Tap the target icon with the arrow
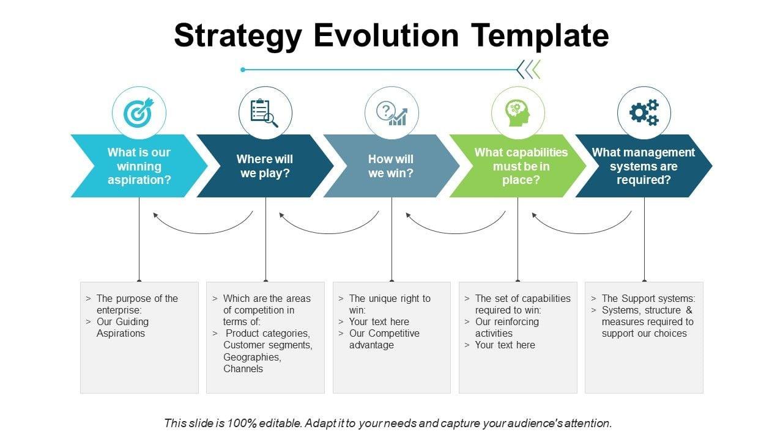pos(139,113)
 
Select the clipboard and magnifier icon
pos(265,113)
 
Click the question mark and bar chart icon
pos(391,113)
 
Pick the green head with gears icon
pos(518,113)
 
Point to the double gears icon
pos(644,113)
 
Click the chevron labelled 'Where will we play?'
pos(265,166)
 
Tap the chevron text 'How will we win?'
pos(391,166)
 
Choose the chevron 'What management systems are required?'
pos(644,166)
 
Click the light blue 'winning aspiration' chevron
pos(139,166)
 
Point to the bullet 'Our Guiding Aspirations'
pos(122,328)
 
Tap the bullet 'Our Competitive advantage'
pos(384,339)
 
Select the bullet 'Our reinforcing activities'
pos(507,328)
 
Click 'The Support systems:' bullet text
pos(648,298)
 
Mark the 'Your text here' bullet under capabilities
pos(505,345)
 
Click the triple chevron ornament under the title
pos(529,70)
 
